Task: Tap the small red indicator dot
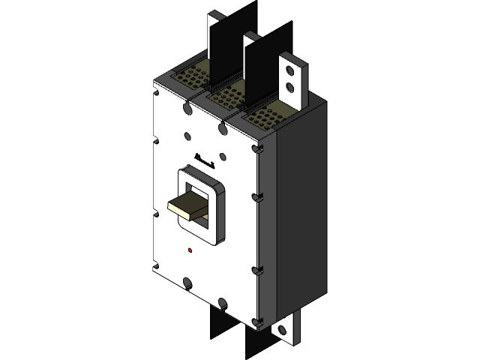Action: coord(189,250)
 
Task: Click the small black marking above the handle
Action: coord(205,160)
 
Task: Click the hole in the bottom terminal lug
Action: coord(283,331)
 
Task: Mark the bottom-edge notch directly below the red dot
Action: coord(187,283)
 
